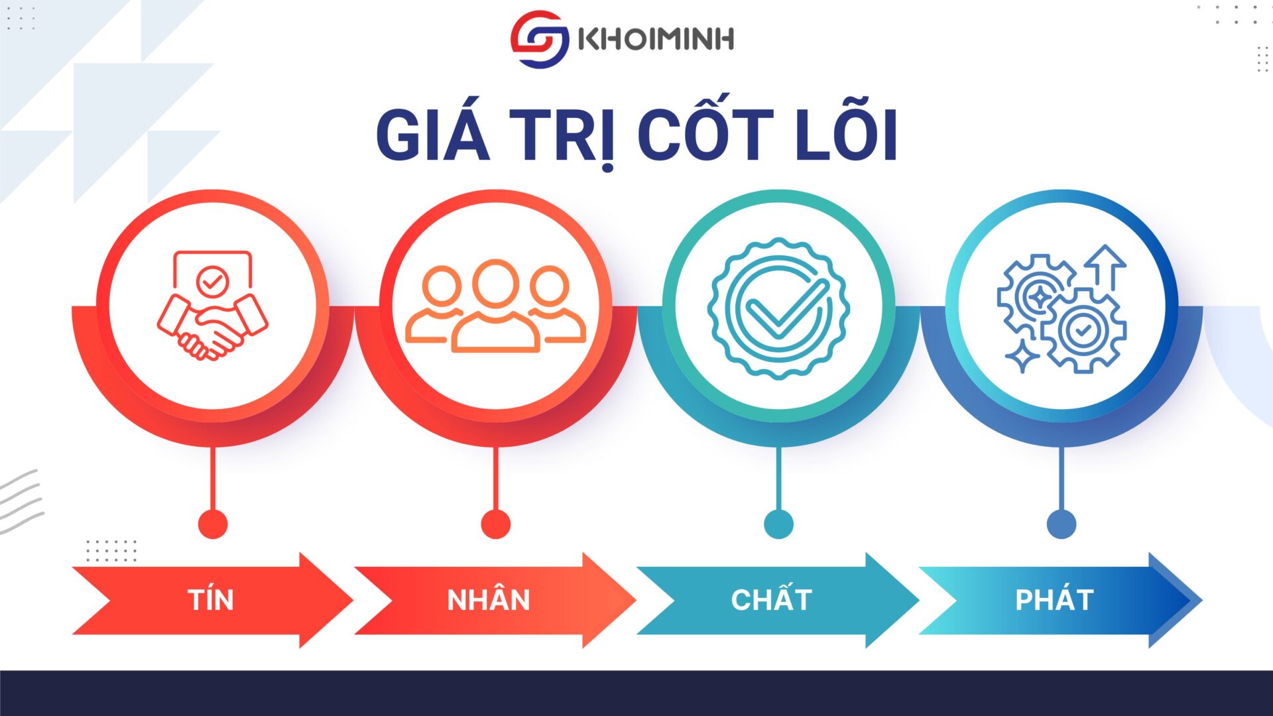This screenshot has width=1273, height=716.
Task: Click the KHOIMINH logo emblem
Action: [540, 39]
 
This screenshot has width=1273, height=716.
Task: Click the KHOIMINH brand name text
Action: [656, 39]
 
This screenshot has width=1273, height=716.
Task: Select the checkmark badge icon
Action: [778, 308]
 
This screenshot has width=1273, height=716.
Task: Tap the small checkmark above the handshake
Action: [212, 282]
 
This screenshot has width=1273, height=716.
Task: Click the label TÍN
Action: [211, 600]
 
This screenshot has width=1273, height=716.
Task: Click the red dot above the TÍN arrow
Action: [213, 524]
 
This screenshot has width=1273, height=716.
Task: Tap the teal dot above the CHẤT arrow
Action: [778, 524]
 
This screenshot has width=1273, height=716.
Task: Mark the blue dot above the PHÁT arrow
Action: [1061, 524]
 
